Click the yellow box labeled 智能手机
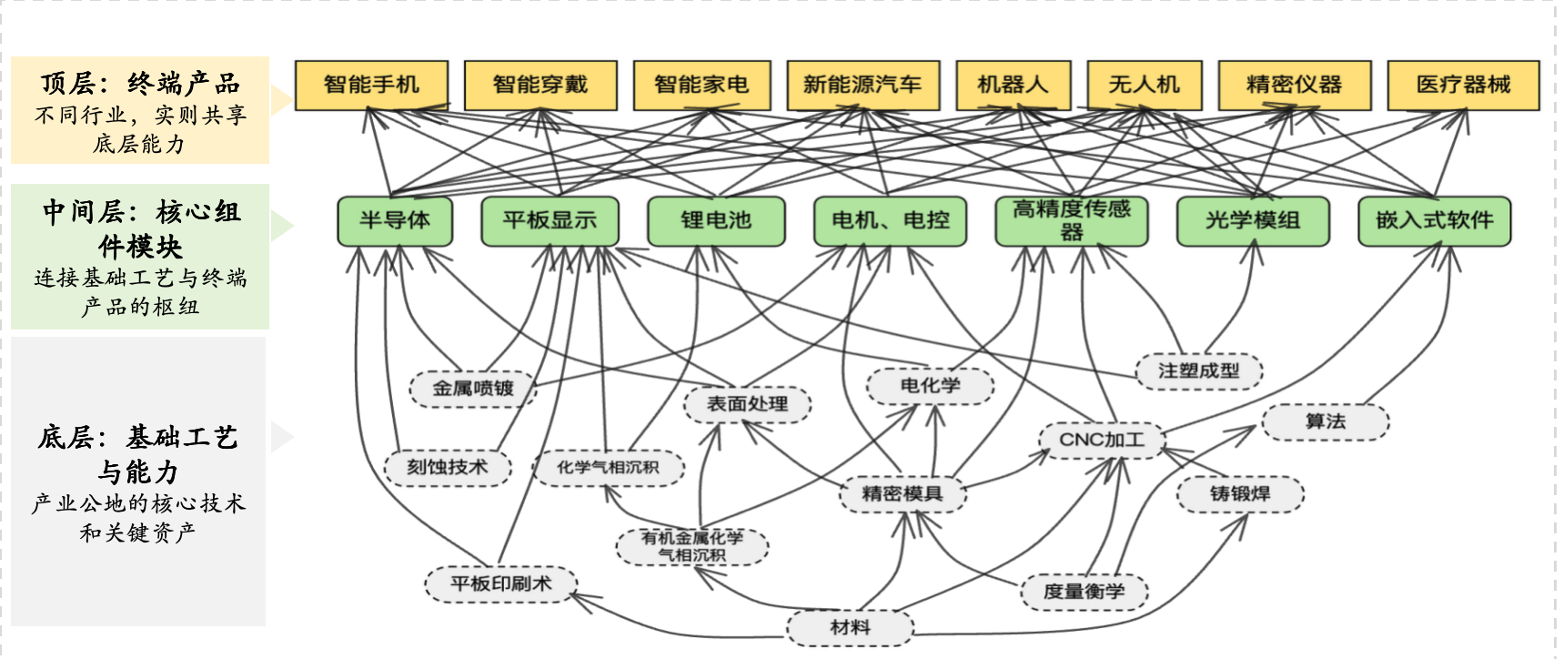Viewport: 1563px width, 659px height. pos(371,85)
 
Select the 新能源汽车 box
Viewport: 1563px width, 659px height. pos(862,85)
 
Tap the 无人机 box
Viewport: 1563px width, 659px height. pos(1144,85)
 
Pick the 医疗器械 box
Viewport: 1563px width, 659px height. pos(1463,85)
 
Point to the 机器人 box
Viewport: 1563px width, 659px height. pos(1013,85)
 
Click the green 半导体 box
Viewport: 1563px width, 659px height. pos(395,220)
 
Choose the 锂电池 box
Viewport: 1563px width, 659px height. pos(716,220)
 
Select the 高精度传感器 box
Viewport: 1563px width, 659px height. pos(1072,220)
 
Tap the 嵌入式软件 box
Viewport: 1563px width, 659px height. pos(1434,220)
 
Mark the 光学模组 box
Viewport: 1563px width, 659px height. pos(1253,220)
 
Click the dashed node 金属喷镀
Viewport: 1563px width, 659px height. pos(473,389)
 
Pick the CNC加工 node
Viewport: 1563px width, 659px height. pos(1102,441)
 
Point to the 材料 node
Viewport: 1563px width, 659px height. pos(850,627)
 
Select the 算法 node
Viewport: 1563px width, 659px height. pos(1325,421)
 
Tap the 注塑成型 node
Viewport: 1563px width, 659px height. pos(1198,370)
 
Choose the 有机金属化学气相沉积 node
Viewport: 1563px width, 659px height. pos(692,546)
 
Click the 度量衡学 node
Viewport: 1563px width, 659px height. pos(1084,592)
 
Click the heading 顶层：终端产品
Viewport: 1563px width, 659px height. pos(140,84)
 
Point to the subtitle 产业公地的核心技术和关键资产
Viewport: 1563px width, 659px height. pos(138,517)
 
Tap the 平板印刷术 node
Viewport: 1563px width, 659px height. pos(500,583)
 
